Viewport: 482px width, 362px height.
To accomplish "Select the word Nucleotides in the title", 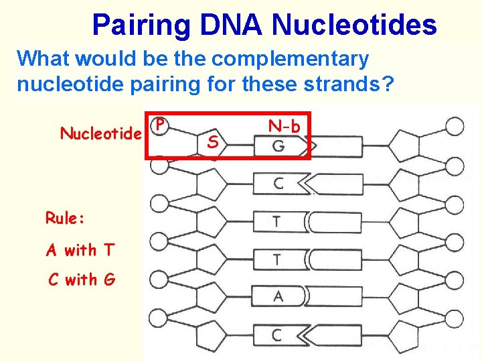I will [355, 25].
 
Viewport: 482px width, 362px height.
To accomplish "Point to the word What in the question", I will [44, 59].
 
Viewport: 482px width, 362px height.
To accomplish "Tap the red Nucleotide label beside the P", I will [101, 133].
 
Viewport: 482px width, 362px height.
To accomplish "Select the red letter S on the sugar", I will [212, 142].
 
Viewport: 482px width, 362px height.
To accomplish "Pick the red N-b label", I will [284, 125].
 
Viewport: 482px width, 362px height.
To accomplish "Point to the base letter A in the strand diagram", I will [277, 296].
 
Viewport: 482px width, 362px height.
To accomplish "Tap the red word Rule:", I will [64, 218].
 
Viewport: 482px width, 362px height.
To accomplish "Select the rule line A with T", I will [81, 250].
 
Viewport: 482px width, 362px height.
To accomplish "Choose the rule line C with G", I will [82, 279].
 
